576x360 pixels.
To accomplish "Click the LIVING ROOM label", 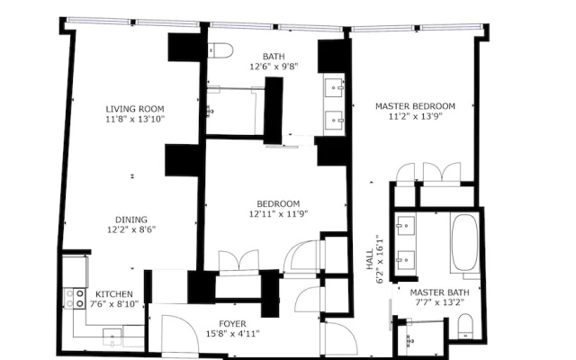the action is (135, 109).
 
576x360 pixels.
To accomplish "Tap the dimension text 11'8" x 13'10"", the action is (135, 119).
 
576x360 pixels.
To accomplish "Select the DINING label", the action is (131, 220).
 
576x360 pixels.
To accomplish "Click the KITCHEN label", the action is (114, 294).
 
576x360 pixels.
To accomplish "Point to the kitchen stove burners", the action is (75, 298).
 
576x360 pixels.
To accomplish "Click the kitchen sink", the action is (112, 338).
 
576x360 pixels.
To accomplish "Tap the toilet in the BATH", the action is (220, 50).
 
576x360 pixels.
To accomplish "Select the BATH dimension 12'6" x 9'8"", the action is (274, 67).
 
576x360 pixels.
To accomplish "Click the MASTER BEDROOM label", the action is (415, 106).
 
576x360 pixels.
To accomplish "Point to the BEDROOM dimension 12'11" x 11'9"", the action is (278, 214).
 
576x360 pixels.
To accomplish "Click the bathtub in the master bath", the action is (465, 243).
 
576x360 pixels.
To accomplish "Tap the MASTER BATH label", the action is (439, 292).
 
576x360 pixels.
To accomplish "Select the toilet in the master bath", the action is (466, 326).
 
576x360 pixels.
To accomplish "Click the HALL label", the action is (370, 259).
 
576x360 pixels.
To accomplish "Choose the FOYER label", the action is (232, 324).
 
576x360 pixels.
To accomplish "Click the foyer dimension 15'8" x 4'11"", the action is (232, 334).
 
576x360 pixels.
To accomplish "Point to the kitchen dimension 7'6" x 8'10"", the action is (114, 304).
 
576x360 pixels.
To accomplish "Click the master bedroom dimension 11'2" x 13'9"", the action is (415, 116).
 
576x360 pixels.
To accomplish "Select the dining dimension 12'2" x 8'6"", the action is (131, 230).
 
